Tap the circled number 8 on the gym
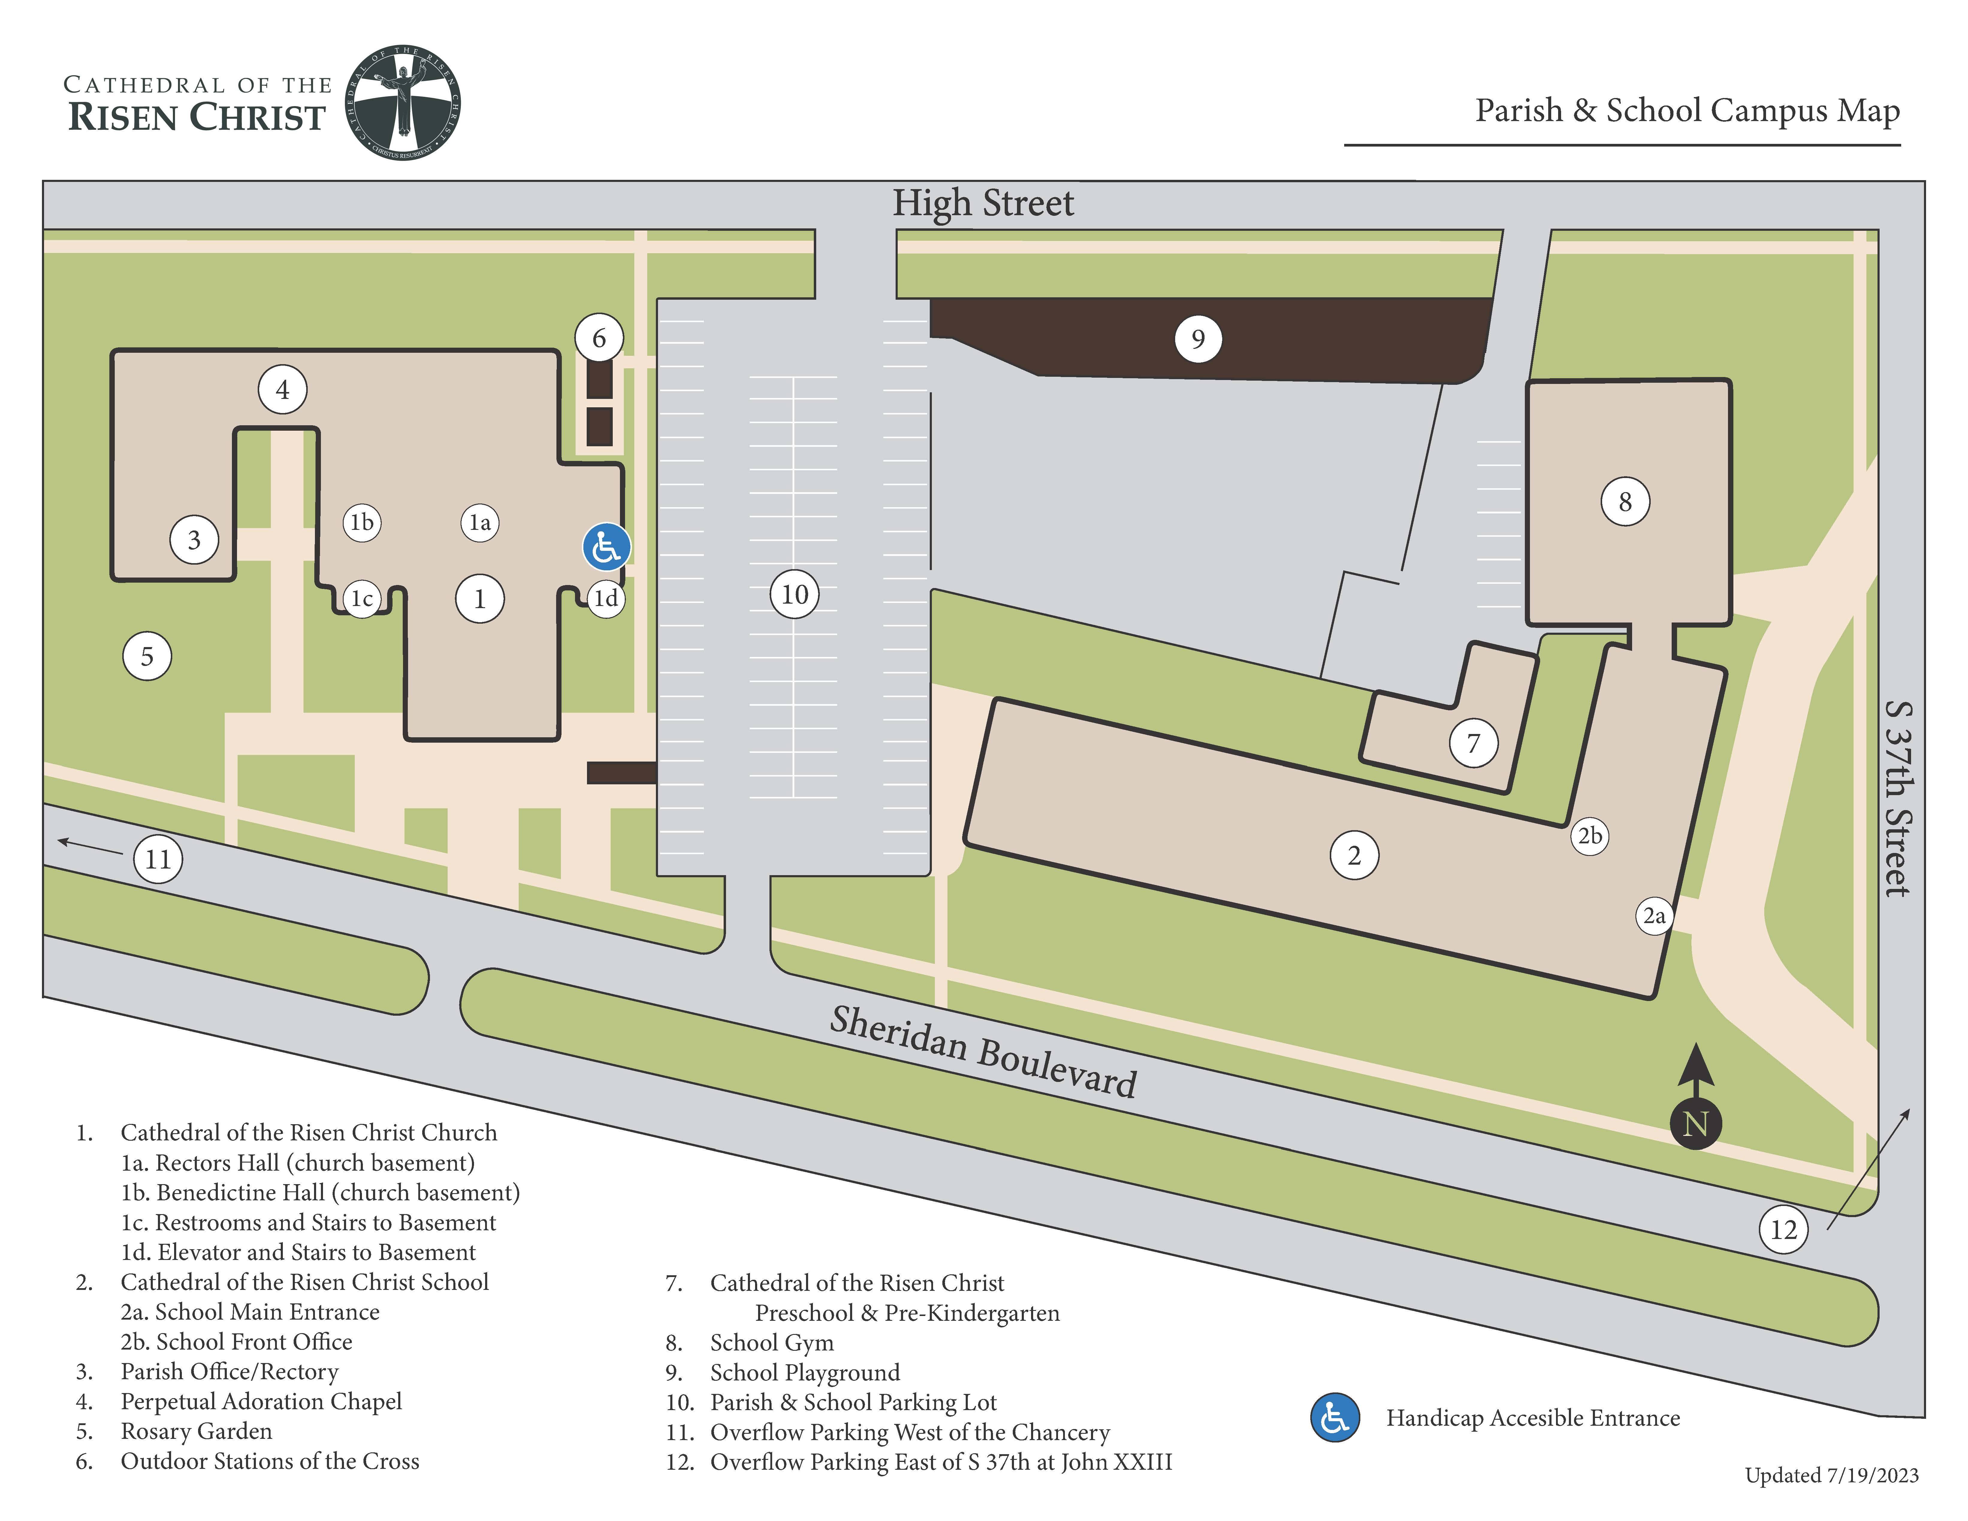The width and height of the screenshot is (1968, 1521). point(1625,502)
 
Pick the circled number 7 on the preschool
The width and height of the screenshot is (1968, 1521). point(1473,743)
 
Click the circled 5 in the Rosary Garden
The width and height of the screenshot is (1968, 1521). point(147,656)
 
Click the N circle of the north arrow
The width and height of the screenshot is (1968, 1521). point(1695,1124)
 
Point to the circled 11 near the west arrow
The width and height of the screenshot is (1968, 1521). point(158,859)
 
